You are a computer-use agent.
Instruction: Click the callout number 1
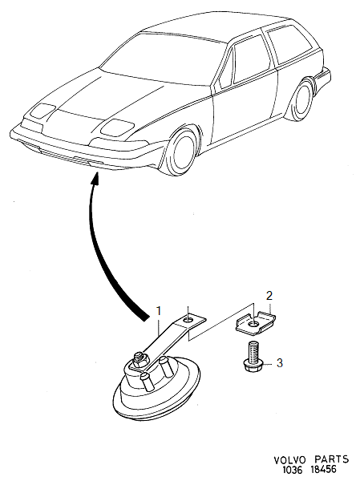coord(159,311)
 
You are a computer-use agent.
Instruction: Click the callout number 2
coord(269,296)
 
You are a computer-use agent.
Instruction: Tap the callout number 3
coord(279,363)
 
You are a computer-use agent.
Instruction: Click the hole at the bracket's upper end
coord(188,320)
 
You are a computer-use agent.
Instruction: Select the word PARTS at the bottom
coord(332,459)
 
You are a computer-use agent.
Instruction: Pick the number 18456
coord(322,470)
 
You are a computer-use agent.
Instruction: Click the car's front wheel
coord(182,152)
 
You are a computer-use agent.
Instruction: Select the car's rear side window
coord(289,45)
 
